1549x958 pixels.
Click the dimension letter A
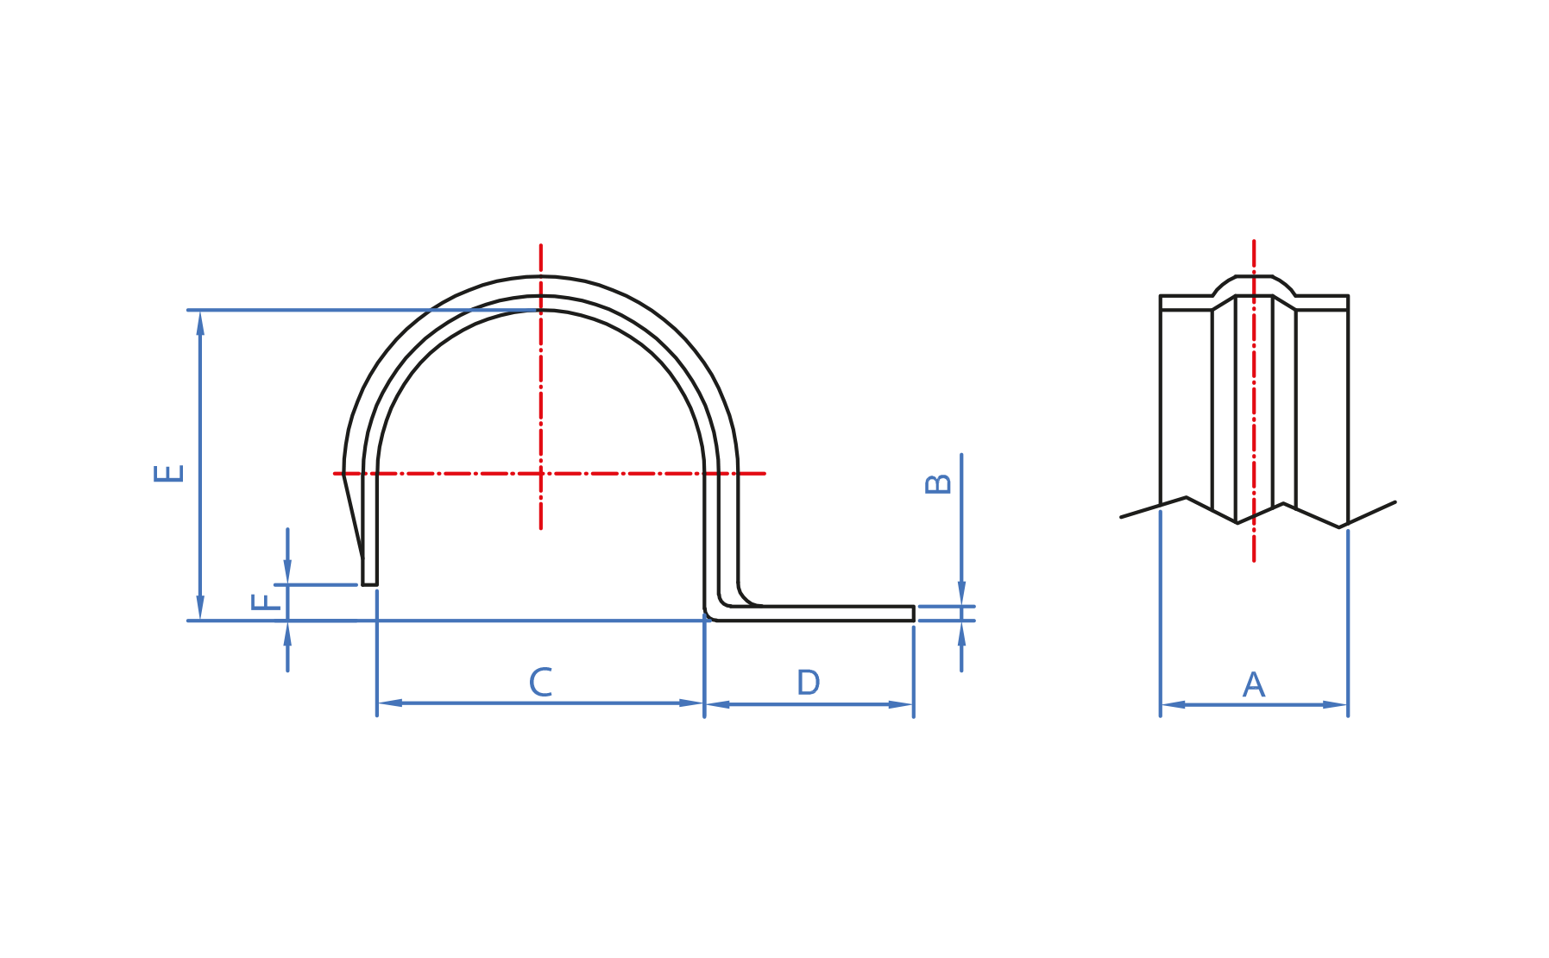point(1253,685)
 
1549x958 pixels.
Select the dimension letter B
point(938,483)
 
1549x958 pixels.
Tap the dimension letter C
point(540,682)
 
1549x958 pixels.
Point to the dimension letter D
point(808,683)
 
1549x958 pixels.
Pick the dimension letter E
point(169,473)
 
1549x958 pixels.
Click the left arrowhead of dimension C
point(390,703)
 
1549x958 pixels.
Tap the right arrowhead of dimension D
point(900,704)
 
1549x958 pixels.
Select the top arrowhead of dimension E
point(200,324)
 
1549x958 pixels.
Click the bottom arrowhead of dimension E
point(200,607)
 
